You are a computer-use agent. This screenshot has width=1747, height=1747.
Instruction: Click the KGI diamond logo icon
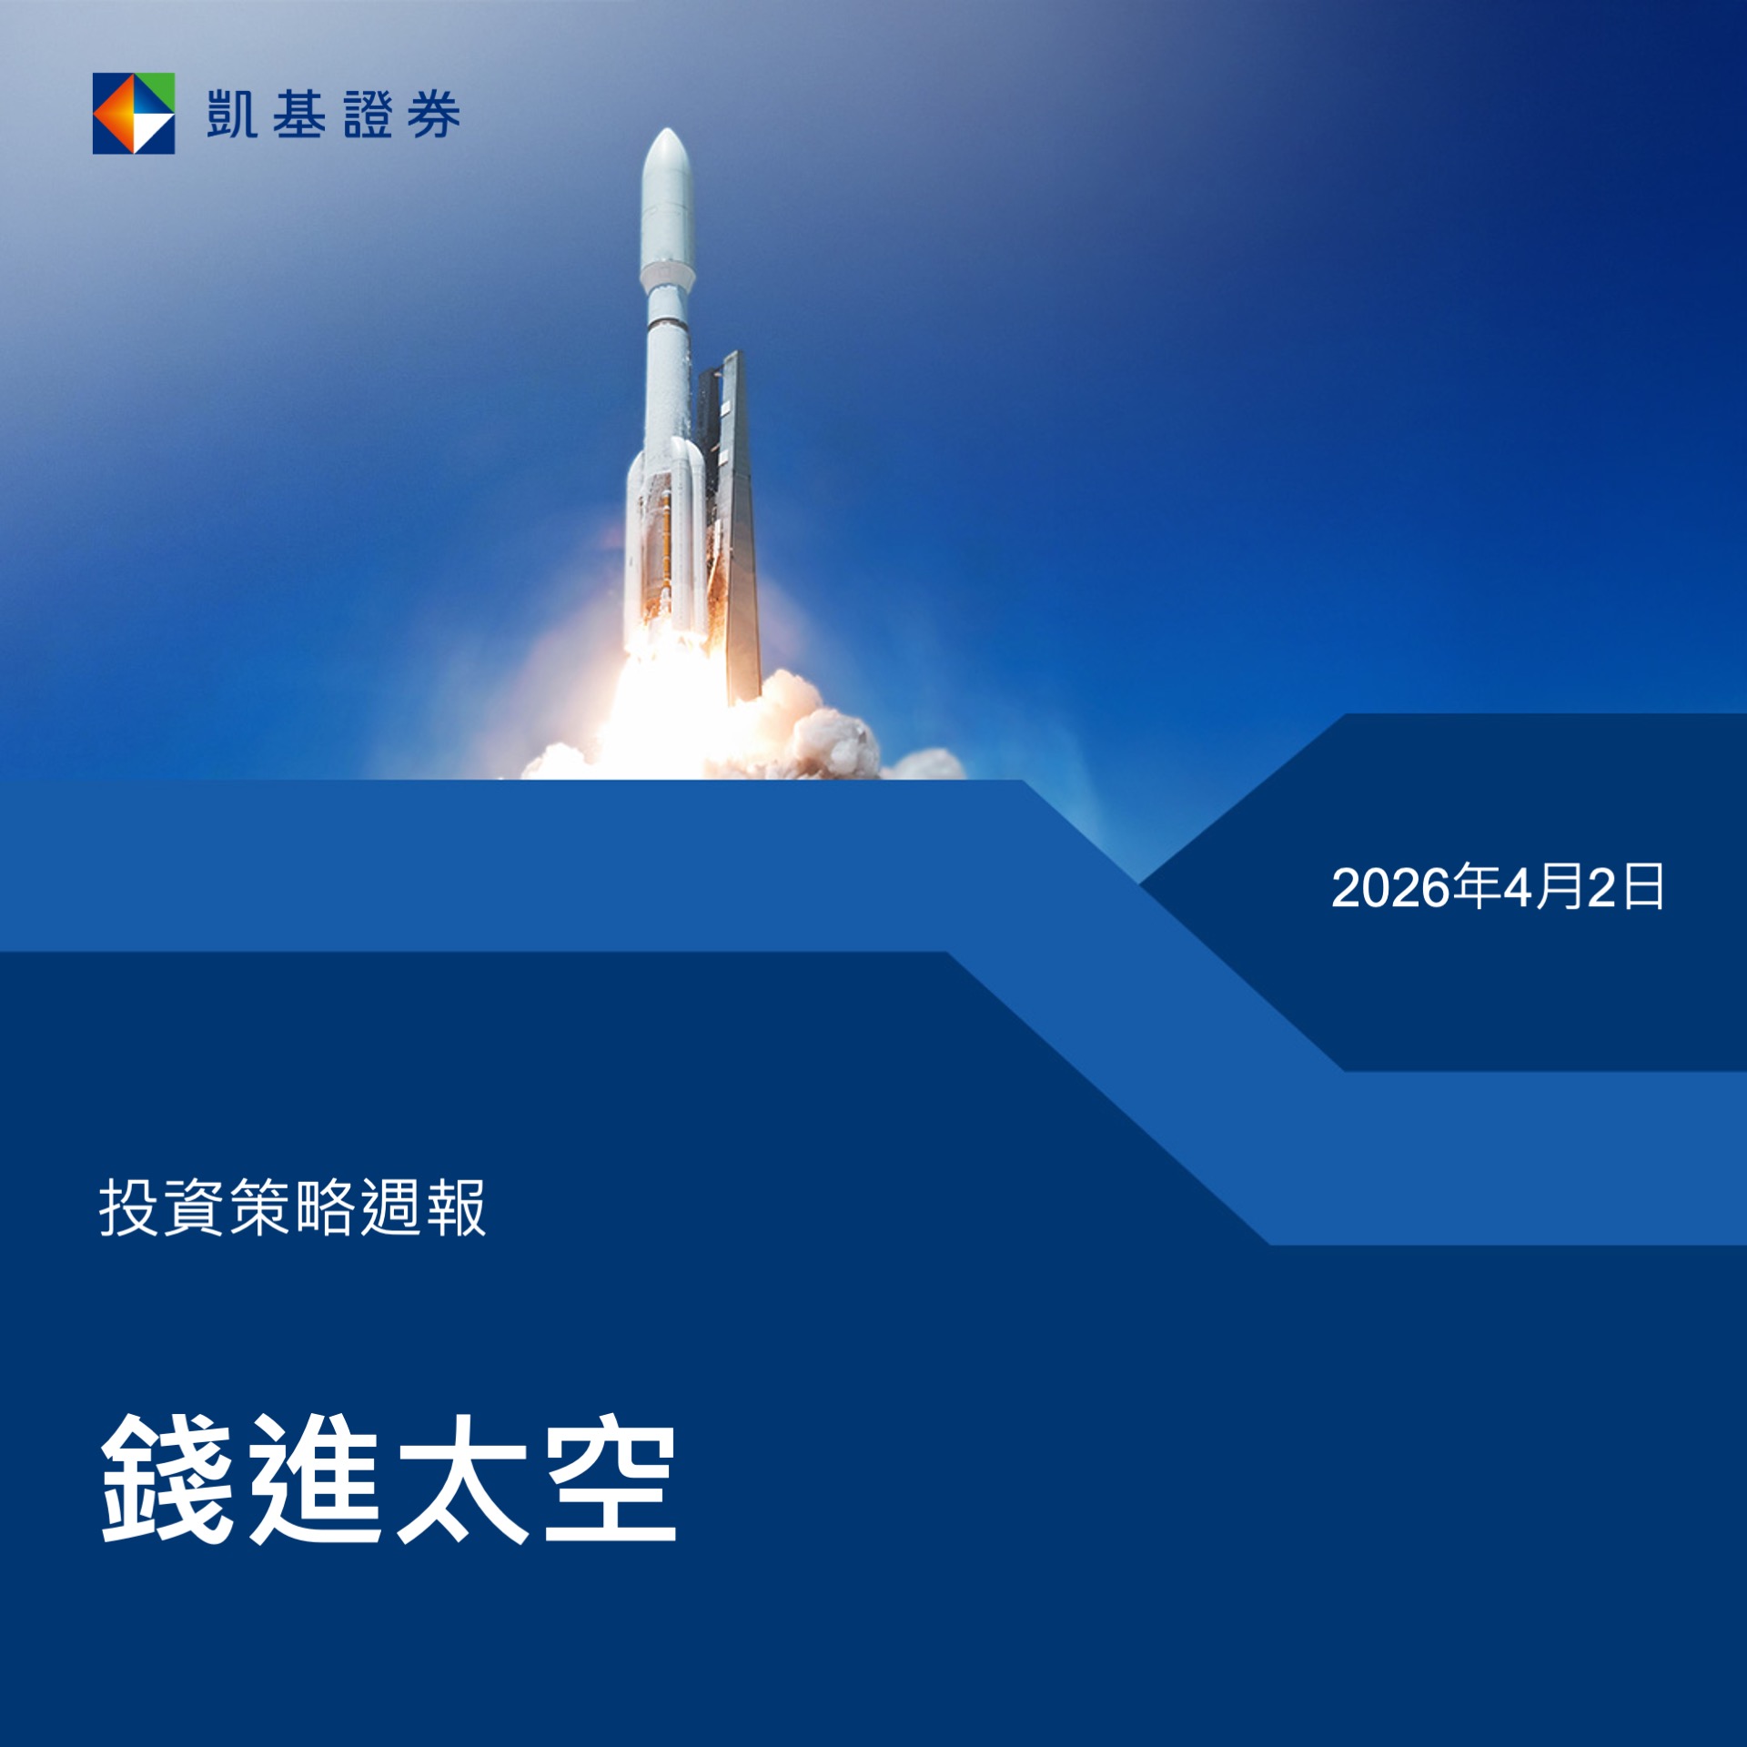coord(134,114)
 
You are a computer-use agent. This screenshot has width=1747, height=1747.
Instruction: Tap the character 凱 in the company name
coord(231,114)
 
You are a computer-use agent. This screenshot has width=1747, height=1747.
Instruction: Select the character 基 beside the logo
coord(299,114)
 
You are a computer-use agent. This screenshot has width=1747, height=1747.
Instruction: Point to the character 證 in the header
coord(368,115)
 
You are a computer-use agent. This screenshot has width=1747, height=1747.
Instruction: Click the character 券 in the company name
coord(434,115)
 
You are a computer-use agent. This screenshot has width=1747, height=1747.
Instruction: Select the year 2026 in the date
coord(1390,888)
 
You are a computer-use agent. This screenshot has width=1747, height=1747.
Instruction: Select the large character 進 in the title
coord(315,1479)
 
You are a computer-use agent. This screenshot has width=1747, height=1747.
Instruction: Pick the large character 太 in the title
coord(462,1479)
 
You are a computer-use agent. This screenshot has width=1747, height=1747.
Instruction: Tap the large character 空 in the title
coord(611,1479)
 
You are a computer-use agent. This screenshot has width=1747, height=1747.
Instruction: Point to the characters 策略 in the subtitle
coord(292,1207)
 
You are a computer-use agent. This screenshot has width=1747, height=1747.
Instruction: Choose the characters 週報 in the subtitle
coord(423,1207)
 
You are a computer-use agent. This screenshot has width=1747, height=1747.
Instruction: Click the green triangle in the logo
coord(155,91)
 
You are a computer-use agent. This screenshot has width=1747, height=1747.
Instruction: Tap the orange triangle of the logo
coord(114,114)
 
